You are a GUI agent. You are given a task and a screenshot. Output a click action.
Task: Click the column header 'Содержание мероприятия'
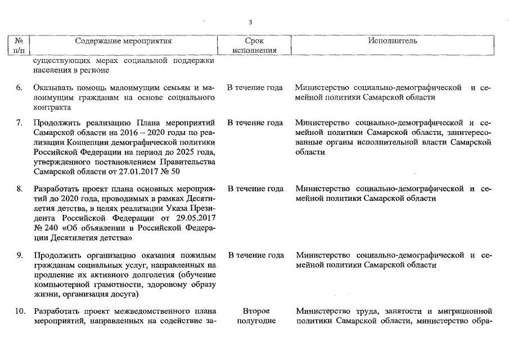123,41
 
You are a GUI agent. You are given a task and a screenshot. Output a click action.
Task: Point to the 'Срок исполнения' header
255,46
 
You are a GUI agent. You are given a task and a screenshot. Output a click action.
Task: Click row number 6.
19,88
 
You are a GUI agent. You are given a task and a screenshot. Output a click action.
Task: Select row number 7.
19,123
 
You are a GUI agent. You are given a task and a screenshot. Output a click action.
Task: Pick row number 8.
19,188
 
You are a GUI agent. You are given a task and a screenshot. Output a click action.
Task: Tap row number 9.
19,255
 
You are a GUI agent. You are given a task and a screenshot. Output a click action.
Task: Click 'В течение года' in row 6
255,88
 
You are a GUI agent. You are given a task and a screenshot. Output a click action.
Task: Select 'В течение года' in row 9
255,255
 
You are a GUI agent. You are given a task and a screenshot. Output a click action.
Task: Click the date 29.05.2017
196,218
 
